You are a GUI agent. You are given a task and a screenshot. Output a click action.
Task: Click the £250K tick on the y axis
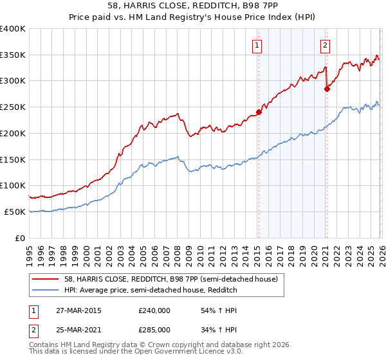click(x=13, y=107)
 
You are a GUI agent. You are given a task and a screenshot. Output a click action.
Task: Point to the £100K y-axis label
click(x=13, y=186)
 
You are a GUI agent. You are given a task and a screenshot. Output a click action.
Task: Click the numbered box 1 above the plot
click(x=257, y=45)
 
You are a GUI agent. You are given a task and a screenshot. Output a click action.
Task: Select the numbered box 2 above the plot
click(x=326, y=45)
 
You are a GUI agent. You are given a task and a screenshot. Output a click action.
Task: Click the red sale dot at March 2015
click(x=259, y=112)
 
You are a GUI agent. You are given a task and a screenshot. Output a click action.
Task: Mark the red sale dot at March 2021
click(x=327, y=89)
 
